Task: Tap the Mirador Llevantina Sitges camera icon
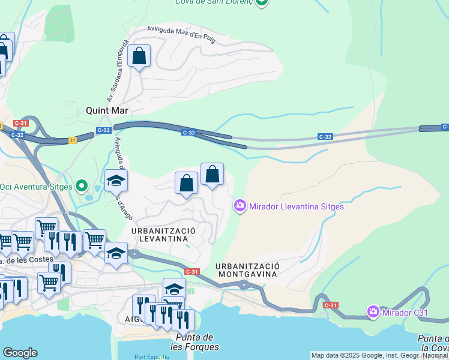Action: [x=240, y=206]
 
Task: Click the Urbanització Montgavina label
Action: [x=247, y=269]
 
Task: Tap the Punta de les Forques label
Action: [x=194, y=342]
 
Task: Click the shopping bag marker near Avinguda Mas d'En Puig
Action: [x=139, y=57]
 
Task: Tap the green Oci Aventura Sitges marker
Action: [x=83, y=186]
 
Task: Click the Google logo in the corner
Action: [x=20, y=353]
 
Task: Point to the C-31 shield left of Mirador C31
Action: [x=331, y=305]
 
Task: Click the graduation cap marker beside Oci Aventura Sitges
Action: [x=116, y=179]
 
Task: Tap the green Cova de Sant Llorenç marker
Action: [x=261, y=2]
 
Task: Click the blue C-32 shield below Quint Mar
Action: [x=104, y=130]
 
